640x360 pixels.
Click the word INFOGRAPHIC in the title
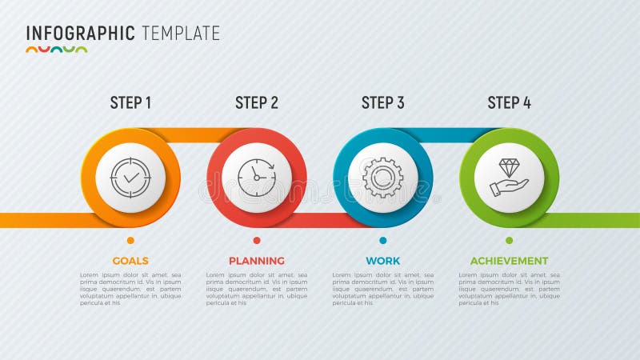click(80, 33)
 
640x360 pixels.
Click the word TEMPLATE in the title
click(181, 33)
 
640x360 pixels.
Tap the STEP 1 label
click(130, 102)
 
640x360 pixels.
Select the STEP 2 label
click(257, 102)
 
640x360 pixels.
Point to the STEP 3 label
click(383, 102)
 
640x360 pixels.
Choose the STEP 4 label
click(509, 102)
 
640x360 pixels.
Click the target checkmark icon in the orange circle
click(130, 178)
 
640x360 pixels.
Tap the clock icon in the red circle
click(257, 178)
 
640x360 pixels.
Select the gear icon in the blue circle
click(383, 178)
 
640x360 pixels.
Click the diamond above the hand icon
click(510, 167)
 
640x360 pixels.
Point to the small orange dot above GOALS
click(130, 240)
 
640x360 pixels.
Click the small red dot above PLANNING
click(257, 240)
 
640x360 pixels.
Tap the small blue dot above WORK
click(383, 240)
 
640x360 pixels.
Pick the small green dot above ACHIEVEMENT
click(509, 240)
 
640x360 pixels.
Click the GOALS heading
click(130, 261)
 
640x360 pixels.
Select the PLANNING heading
click(257, 261)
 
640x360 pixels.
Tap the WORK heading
click(383, 261)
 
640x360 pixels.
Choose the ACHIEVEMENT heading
click(509, 261)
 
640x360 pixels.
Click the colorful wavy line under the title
click(56, 50)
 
